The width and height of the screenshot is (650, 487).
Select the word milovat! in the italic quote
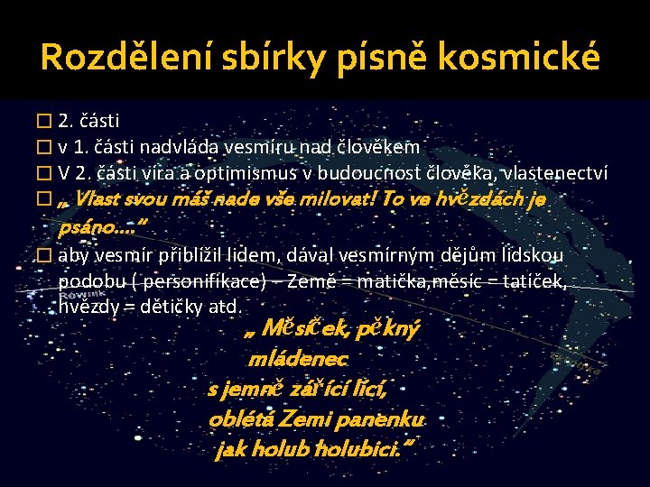click(341, 198)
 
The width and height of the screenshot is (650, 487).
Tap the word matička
click(395, 282)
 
